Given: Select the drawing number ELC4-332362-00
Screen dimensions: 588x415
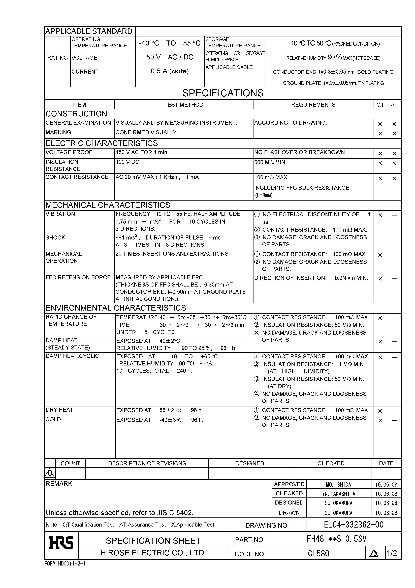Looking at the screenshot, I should click(354, 525).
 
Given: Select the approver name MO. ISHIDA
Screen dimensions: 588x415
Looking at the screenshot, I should click(339, 485).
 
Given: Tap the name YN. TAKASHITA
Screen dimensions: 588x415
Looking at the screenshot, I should click(339, 494).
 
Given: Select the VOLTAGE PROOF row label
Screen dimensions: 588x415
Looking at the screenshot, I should click(69, 152).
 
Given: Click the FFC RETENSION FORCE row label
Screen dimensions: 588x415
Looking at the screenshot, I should click(78, 278).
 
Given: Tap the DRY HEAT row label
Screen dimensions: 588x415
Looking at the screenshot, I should click(59, 410).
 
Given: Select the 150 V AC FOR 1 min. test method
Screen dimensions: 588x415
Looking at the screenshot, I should click(142, 152).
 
